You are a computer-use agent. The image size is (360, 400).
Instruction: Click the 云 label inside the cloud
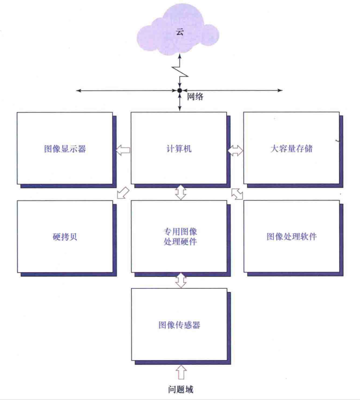click(180, 32)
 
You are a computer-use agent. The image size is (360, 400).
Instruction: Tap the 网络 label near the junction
click(195, 97)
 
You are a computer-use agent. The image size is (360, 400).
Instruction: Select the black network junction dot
click(180, 90)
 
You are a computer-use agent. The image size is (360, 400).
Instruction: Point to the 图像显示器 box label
click(65, 149)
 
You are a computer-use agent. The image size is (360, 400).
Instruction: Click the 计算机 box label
click(179, 149)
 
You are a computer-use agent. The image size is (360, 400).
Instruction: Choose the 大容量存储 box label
click(292, 149)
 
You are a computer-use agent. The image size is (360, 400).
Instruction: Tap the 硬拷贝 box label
click(65, 237)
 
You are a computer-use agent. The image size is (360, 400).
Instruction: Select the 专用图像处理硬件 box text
click(180, 237)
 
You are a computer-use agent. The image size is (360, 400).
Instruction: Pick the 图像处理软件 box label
click(292, 237)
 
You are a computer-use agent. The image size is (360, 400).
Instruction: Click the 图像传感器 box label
click(180, 325)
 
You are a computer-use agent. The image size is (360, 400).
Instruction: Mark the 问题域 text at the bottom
click(181, 389)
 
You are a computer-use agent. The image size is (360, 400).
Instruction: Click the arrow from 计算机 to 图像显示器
click(123, 150)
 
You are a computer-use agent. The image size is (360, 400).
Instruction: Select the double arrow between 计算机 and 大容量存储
click(235, 151)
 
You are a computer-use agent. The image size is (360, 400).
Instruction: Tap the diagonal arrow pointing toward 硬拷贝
click(123, 193)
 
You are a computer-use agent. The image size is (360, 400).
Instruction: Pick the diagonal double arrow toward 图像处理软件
click(237, 194)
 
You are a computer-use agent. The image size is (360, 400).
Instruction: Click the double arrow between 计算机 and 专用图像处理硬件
click(181, 192)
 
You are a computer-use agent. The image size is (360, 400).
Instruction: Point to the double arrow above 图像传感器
click(181, 281)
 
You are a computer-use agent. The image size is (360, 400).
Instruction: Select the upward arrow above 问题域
click(181, 372)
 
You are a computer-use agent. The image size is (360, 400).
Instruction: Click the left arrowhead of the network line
click(79, 91)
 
